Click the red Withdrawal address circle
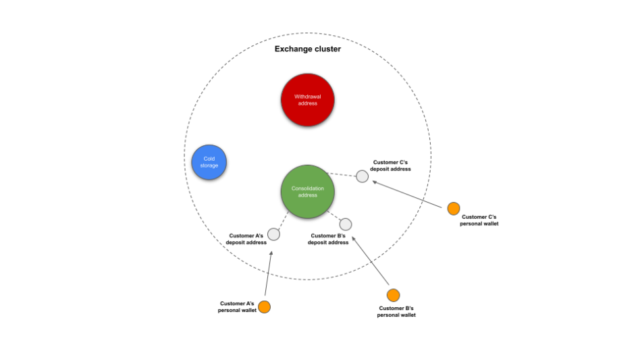pyautogui.click(x=307, y=100)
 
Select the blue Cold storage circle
pyautogui.click(x=209, y=162)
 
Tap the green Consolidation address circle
pyautogui.click(x=307, y=191)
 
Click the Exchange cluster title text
pyautogui.click(x=307, y=49)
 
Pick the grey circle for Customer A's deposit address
pyautogui.click(x=273, y=234)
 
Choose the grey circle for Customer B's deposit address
pyautogui.click(x=345, y=224)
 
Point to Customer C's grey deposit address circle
pyautogui.click(x=362, y=176)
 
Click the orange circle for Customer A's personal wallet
pyautogui.click(x=264, y=307)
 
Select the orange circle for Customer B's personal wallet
pyautogui.click(x=393, y=295)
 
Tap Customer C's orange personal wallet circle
pyautogui.click(x=453, y=209)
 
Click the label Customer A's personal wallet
pyautogui.click(x=236, y=307)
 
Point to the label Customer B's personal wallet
pyautogui.click(x=396, y=311)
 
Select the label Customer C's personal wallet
pyautogui.click(x=479, y=220)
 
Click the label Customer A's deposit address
pyautogui.click(x=246, y=238)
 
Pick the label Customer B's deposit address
pyautogui.click(x=328, y=238)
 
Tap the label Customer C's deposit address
pyautogui.click(x=390, y=165)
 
